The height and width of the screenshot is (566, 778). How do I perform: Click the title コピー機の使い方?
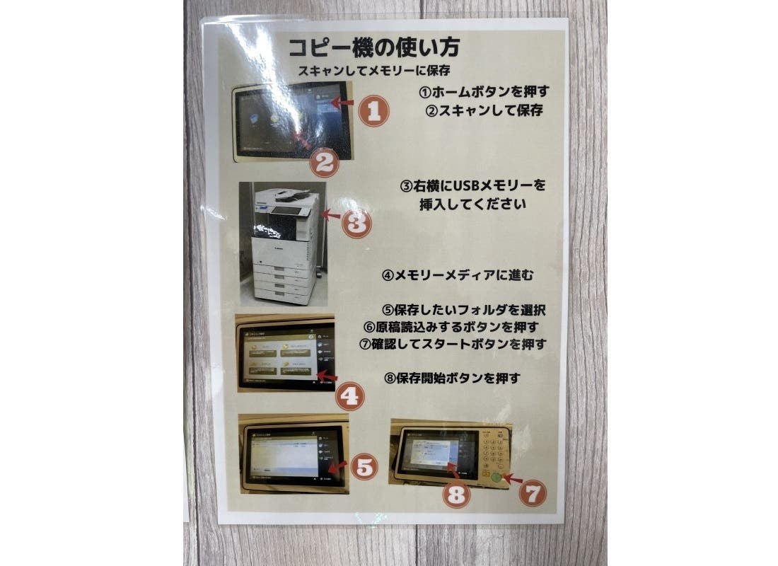[x=373, y=48]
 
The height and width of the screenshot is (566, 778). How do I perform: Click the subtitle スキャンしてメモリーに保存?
[x=373, y=71]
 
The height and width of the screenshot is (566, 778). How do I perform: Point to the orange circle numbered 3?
[x=356, y=223]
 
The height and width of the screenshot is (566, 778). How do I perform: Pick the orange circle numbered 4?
[x=349, y=396]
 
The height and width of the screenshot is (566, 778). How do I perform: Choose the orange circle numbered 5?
[x=362, y=466]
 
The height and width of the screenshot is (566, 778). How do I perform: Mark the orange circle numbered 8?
[x=457, y=495]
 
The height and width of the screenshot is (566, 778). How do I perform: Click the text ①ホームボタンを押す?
[x=484, y=92]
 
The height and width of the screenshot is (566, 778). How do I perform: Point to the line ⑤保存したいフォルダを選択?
[x=465, y=310]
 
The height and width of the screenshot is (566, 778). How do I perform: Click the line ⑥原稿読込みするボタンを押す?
[x=451, y=327]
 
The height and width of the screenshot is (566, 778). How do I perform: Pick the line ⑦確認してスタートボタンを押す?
[x=453, y=345]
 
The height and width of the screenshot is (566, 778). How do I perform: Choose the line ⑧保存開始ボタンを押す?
[x=453, y=378]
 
